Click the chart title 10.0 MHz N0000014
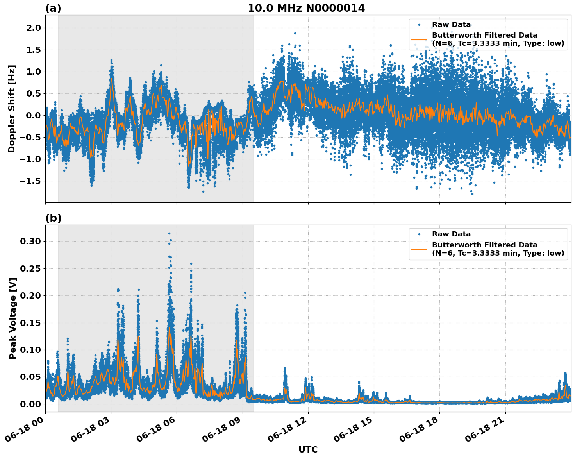point(306,8)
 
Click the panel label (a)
point(53,8)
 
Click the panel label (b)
point(53,218)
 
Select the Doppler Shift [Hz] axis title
point(12,109)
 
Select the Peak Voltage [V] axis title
point(13,318)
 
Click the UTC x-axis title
point(308,449)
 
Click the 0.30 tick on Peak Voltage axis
point(30,242)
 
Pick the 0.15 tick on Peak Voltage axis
point(30,323)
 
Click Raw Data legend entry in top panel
point(451,25)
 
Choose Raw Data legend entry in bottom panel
point(451,234)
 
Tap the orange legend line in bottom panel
point(419,249)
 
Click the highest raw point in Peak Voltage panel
point(169,233)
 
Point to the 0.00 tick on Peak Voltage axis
point(30,404)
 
